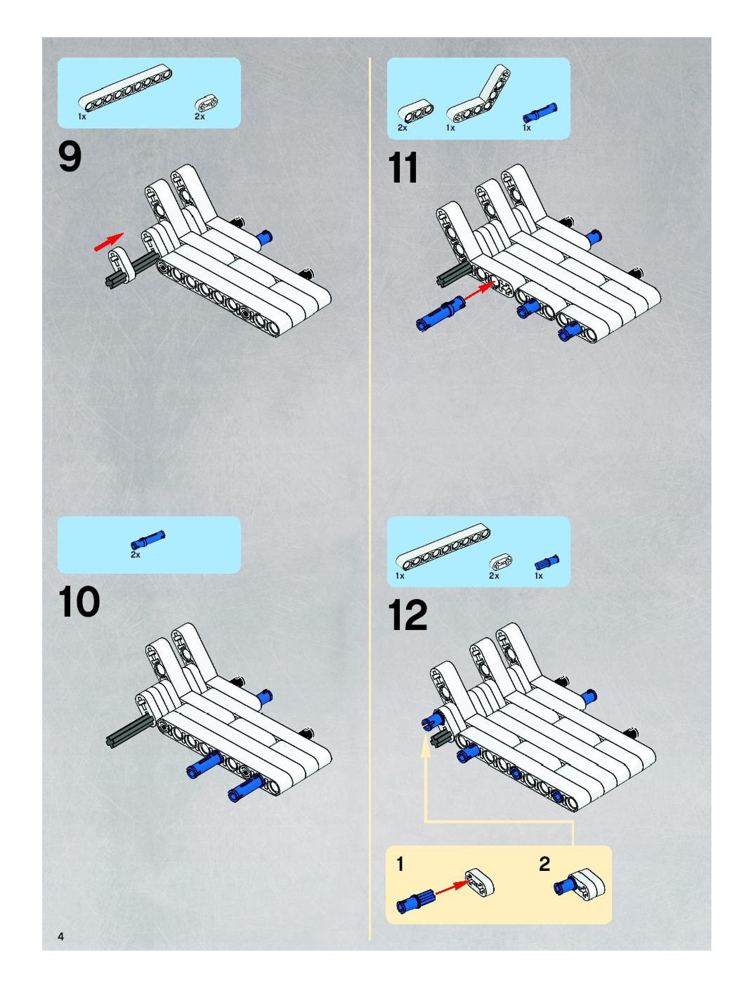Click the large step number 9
pos(70,157)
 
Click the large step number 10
pos(79,602)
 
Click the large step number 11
pos(403,168)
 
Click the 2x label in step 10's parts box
pos(135,555)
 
